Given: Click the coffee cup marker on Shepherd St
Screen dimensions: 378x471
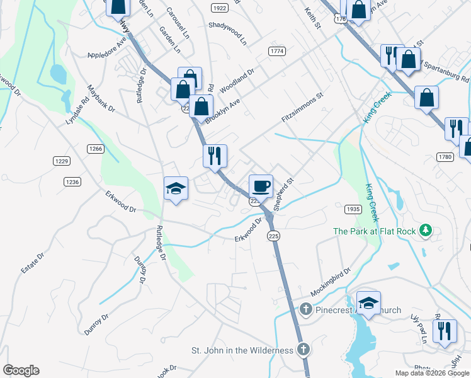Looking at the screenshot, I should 261,186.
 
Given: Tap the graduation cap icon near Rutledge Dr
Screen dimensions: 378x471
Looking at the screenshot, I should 176,188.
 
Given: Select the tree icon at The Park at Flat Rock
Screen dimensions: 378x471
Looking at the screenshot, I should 426,231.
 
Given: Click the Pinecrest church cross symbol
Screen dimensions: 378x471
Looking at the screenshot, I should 305,309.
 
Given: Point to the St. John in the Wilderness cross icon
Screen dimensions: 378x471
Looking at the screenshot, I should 303,350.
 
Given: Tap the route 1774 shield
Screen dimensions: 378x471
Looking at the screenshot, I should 276,51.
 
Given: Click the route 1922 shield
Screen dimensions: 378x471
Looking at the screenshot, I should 219,8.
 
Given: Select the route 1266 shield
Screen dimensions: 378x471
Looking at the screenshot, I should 95,149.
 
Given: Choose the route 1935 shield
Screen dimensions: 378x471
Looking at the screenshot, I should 353,209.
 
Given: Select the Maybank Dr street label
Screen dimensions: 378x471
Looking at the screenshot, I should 101,99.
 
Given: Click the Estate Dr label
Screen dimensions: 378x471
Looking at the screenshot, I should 32,263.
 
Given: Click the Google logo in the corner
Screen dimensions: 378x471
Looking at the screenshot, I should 21,370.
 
